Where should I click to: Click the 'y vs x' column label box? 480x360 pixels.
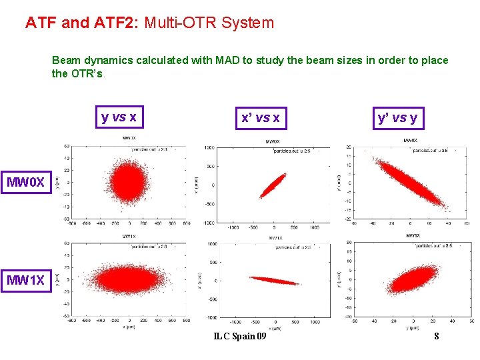119,118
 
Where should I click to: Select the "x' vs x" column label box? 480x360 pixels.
260,119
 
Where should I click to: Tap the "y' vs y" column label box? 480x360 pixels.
397,118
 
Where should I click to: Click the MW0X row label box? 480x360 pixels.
26,181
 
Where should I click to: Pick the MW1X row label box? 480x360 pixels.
26,280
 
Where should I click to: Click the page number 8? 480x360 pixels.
436,336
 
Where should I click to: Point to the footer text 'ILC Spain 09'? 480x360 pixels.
240,336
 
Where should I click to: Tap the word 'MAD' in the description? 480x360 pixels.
227,61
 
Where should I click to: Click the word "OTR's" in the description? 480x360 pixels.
87,73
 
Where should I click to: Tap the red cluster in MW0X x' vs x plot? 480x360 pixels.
272,185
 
